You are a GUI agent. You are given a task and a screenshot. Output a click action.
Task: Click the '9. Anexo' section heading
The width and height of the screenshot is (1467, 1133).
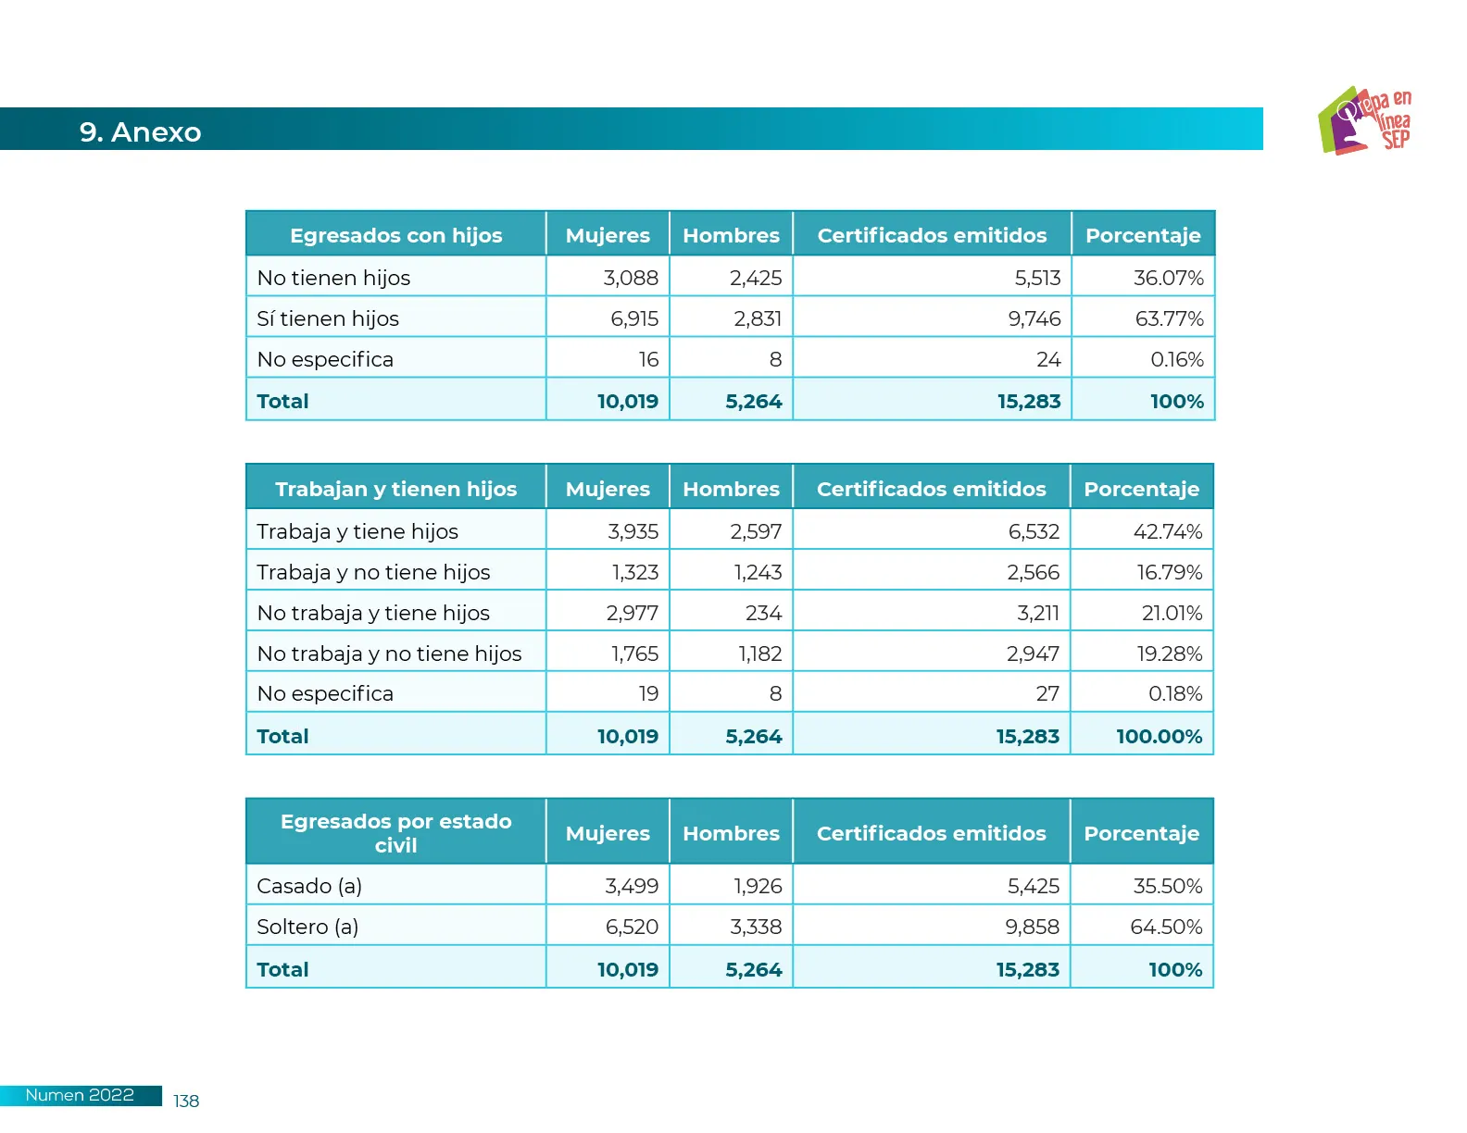pos(140,131)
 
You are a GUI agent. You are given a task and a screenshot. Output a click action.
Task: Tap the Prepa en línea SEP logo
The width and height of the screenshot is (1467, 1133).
pos(1364,120)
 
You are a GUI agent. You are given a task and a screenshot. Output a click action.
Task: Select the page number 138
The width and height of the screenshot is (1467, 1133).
pos(186,1101)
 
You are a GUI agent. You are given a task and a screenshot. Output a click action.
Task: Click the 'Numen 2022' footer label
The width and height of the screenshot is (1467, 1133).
pos(80,1095)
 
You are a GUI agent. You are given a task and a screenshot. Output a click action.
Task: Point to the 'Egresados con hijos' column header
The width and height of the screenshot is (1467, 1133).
pos(395,235)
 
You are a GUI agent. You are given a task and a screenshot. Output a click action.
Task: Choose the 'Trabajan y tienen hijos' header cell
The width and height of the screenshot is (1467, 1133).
pos(395,489)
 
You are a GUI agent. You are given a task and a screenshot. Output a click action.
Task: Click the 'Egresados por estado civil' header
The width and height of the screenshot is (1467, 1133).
pos(395,833)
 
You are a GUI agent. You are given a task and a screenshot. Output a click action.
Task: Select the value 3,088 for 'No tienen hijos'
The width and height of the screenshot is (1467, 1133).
pos(631,278)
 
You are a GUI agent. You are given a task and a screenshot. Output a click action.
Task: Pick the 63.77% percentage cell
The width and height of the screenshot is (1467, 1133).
pos(1169,318)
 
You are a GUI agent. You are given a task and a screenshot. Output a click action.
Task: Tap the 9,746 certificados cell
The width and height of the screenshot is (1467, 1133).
pos(1034,318)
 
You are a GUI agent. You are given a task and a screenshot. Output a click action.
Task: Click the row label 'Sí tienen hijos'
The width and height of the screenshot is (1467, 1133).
pos(328,318)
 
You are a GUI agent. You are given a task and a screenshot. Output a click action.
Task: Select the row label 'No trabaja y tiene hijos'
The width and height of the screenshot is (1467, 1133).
pos(373,613)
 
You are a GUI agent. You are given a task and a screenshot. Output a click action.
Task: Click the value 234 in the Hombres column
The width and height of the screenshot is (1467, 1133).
pos(763,613)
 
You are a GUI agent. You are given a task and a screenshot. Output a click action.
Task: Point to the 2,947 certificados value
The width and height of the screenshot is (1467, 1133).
pos(1033,654)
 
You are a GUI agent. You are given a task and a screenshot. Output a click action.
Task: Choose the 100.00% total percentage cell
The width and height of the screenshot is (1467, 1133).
pos(1159,736)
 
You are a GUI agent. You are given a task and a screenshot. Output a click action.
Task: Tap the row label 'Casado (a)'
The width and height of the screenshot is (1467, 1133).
pos(309,886)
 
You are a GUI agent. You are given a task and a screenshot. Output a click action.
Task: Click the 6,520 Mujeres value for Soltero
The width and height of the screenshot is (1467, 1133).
pos(632,927)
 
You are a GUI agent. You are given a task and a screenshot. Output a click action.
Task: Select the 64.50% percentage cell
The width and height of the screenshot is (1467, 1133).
pos(1166,927)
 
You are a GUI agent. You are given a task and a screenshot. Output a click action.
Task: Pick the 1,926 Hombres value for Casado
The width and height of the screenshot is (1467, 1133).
pos(758,886)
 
